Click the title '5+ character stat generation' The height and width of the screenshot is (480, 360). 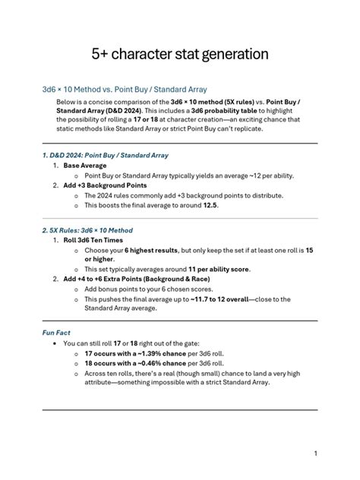(x=179, y=54)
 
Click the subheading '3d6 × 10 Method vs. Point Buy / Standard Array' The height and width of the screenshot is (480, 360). (x=125, y=90)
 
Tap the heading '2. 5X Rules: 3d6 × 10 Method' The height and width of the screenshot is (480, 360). (x=87, y=230)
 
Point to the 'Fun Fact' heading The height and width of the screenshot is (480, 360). (x=56, y=332)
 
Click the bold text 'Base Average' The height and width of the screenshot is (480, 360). (x=85, y=165)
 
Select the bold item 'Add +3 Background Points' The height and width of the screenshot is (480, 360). (x=106, y=185)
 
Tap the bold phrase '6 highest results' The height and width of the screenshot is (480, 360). (x=150, y=250)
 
